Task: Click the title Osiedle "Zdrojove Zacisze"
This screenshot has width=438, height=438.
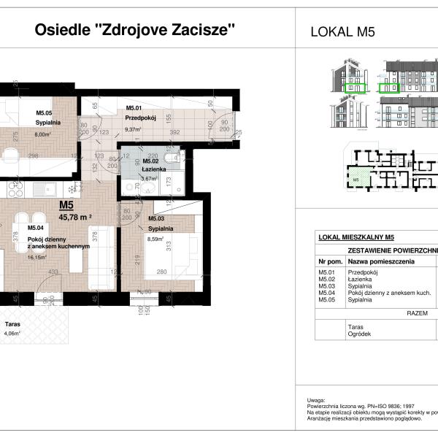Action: pos(136,31)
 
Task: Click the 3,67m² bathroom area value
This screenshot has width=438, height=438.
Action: pos(150,178)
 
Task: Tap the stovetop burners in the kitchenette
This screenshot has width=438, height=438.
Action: pos(15,189)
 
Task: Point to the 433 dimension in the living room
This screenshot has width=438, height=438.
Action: pos(53,272)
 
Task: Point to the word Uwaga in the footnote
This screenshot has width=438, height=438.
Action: pos(315,401)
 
